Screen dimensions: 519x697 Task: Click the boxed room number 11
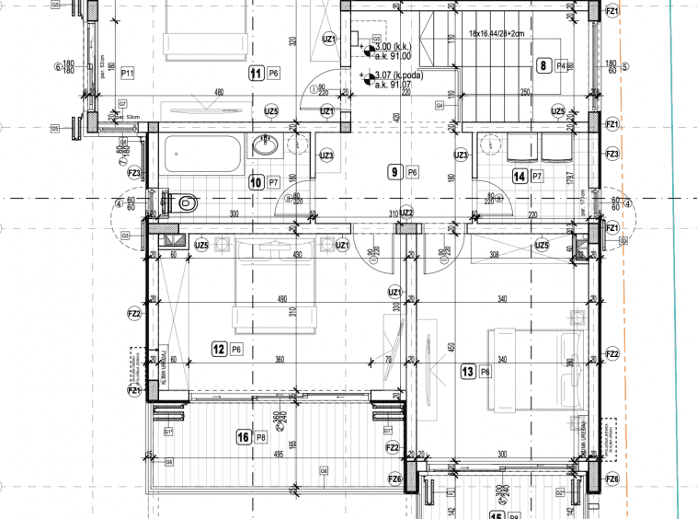click(257, 72)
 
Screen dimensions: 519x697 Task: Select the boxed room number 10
click(257, 182)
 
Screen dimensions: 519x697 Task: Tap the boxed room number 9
click(394, 171)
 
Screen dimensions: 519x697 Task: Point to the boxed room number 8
click(544, 65)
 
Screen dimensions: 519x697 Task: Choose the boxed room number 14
click(520, 176)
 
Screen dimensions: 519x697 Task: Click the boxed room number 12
click(219, 349)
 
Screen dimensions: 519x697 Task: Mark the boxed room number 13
click(467, 372)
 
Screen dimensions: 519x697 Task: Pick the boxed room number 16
click(243, 437)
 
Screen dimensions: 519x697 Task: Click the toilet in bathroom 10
click(184, 202)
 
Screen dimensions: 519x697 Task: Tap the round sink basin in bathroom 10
click(268, 144)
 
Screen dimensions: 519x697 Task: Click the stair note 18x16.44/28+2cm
click(496, 33)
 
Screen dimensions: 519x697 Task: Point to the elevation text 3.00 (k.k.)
click(394, 46)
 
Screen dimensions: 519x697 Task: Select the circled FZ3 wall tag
click(134, 172)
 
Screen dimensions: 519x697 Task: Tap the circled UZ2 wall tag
click(406, 213)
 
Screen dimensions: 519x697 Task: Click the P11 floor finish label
click(128, 73)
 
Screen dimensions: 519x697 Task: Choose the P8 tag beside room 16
click(261, 437)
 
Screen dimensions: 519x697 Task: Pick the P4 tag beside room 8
click(561, 65)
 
